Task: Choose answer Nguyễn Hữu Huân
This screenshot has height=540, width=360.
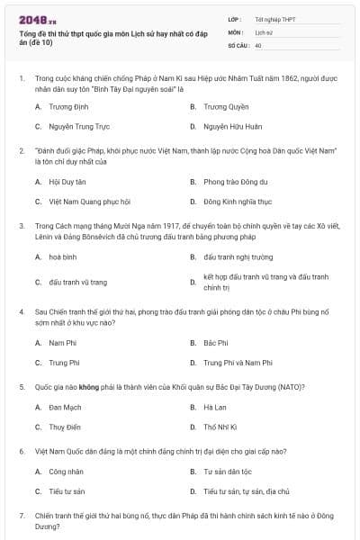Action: coord(232,127)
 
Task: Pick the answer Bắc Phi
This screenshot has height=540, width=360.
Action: coord(216,342)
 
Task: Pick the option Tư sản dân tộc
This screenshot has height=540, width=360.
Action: coord(229,471)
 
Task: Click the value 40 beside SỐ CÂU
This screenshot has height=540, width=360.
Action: coord(258,44)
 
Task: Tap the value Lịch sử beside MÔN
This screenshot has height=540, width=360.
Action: coord(263,31)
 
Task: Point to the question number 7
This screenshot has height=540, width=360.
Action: coord(21,515)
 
